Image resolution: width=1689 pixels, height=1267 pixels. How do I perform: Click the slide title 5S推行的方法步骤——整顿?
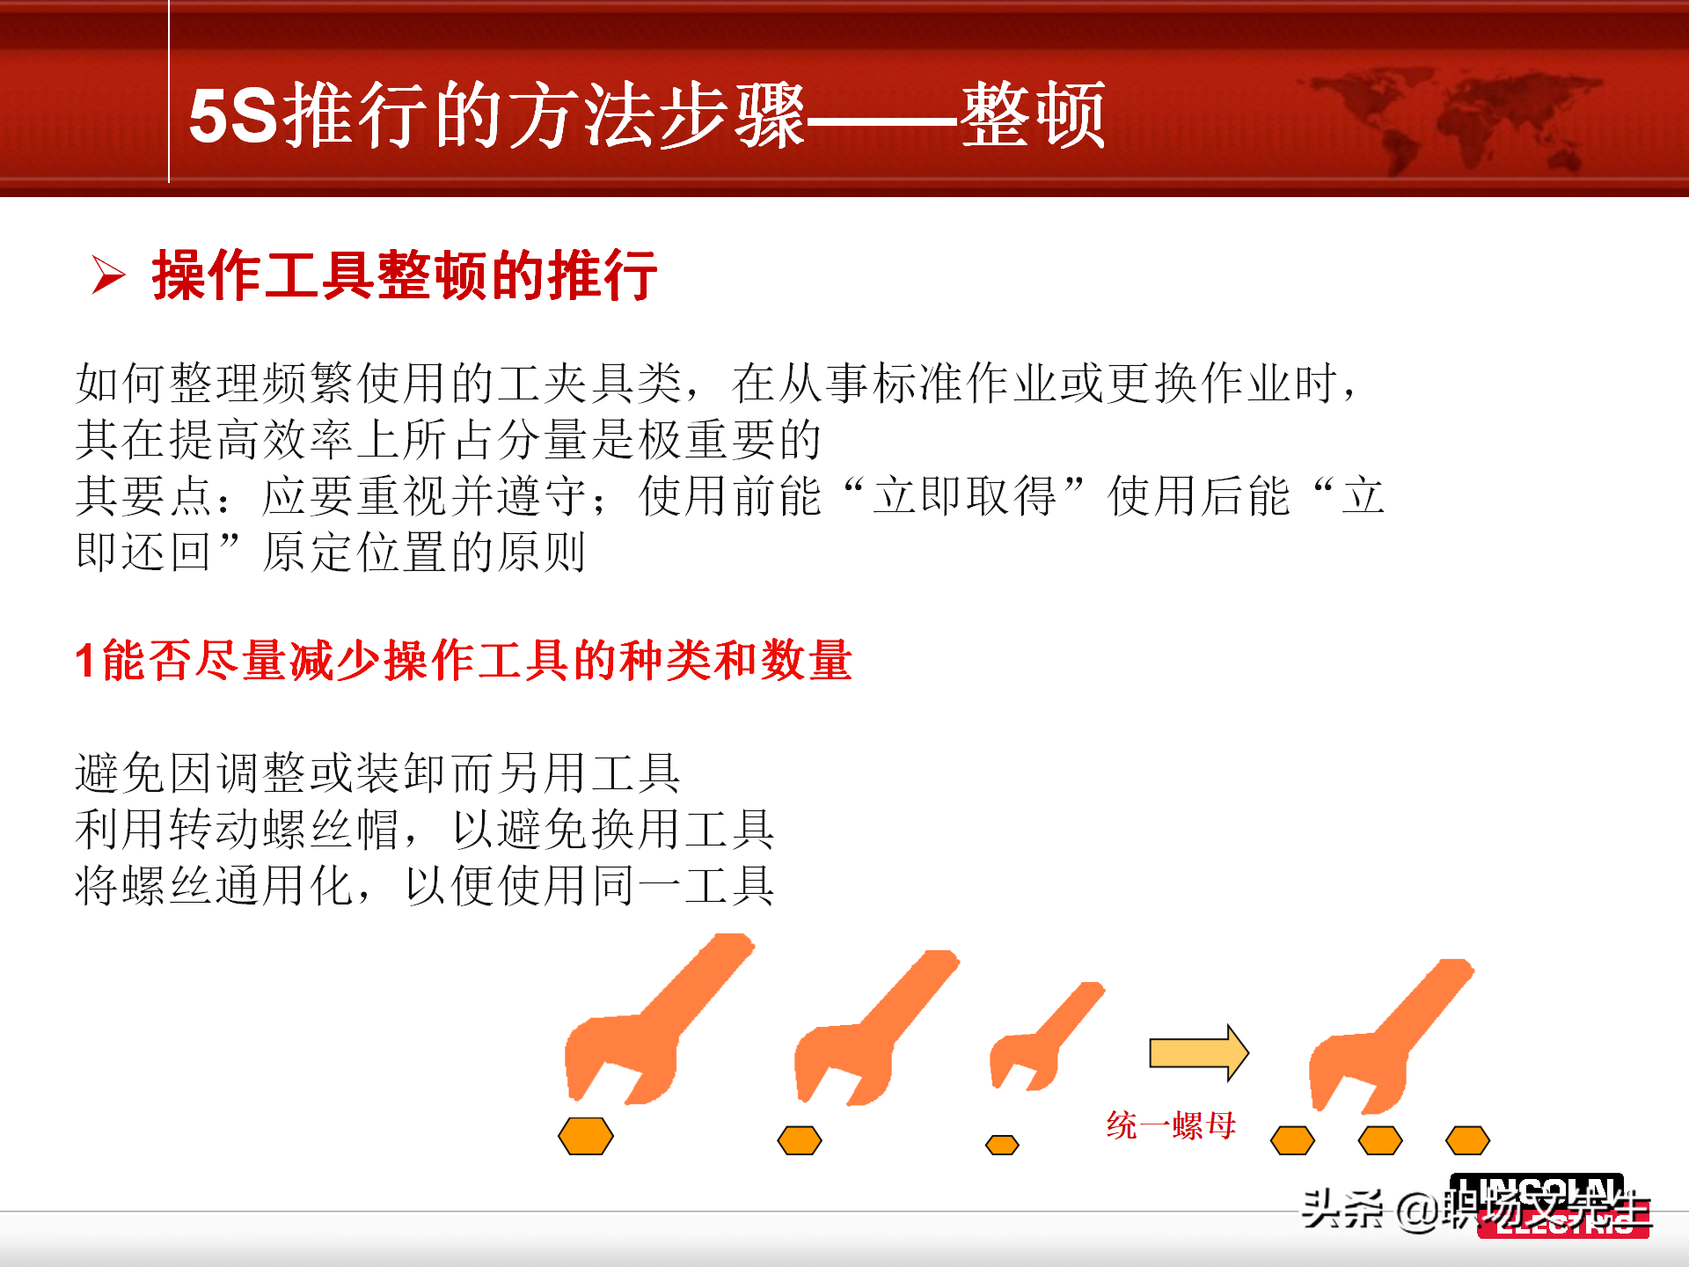(x=647, y=114)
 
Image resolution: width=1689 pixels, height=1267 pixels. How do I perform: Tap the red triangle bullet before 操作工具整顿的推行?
(x=108, y=275)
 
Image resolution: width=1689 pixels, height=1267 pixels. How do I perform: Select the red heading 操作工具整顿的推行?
(x=405, y=275)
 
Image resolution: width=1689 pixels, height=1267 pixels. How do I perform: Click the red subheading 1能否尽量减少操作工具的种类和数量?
(x=464, y=660)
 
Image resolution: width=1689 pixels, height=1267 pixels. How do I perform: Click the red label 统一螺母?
(x=1171, y=1125)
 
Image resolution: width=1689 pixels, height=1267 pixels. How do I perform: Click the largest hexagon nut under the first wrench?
(x=586, y=1136)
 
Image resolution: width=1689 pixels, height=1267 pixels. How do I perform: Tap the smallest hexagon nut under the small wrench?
(x=1002, y=1145)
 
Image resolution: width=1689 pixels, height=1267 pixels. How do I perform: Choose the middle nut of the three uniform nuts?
(x=1379, y=1141)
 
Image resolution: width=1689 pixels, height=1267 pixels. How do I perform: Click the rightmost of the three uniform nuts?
(x=1467, y=1141)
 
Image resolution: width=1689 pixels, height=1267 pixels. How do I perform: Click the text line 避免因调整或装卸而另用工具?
(x=377, y=773)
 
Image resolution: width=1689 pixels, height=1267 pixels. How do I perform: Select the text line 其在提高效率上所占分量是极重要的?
(x=448, y=439)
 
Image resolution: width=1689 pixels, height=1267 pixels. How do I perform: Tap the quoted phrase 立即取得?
(x=964, y=495)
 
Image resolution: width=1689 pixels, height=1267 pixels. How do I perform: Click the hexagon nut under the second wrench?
(x=800, y=1141)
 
